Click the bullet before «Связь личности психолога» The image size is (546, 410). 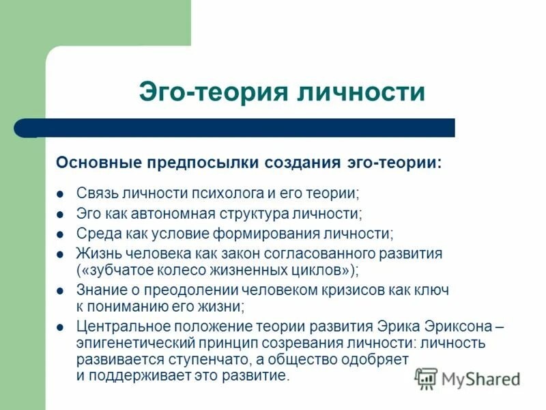(x=60, y=193)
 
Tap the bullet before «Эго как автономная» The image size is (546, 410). (x=60, y=213)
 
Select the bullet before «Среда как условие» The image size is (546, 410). (x=60, y=233)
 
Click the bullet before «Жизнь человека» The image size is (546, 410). (x=60, y=254)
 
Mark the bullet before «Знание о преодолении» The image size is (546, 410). (x=60, y=290)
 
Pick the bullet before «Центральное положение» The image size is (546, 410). (x=60, y=327)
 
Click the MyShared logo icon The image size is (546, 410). (x=426, y=377)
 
